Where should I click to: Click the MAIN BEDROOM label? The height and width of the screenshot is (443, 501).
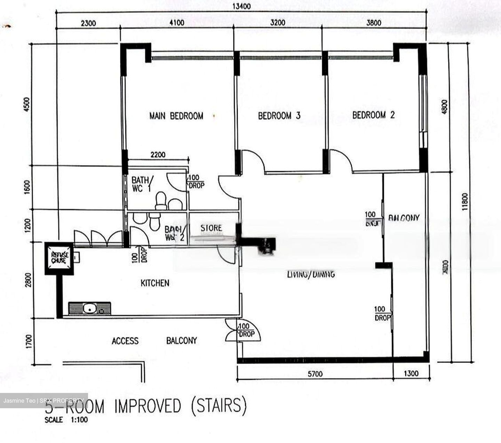tap(176, 116)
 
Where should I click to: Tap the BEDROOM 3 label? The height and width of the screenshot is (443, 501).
tap(279, 116)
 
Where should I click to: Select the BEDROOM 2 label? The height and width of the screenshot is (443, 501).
tap(373, 115)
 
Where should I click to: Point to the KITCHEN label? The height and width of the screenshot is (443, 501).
tap(155, 283)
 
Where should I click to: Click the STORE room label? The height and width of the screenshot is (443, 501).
tap(211, 228)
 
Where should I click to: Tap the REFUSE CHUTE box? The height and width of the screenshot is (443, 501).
tap(59, 258)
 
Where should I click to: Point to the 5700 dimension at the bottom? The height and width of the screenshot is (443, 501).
tap(315, 374)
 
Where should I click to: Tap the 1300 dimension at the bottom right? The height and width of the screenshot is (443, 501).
tap(411, 374)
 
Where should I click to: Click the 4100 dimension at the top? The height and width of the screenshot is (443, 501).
tap(177, 23)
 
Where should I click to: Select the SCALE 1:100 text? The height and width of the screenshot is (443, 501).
tap(66, 420)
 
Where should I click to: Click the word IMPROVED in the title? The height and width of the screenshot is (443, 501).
tap(148, 406)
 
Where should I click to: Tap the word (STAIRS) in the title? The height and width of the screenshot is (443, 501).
tap(219, 405)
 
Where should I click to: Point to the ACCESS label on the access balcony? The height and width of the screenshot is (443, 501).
tap(125, 341)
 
